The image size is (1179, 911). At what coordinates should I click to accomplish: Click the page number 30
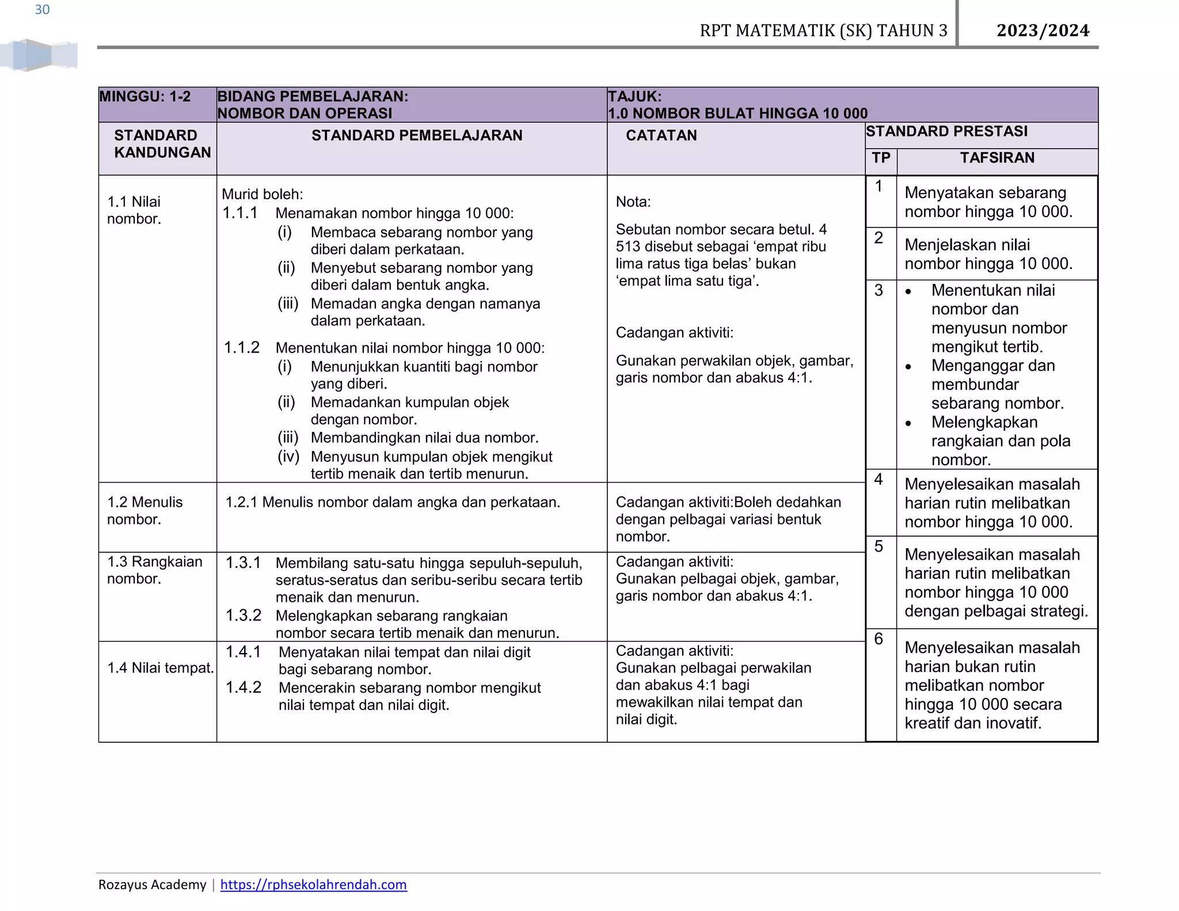coord(42,10)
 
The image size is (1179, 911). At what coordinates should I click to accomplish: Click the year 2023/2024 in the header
coord(1043,31)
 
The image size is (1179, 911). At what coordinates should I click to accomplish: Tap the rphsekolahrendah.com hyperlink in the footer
coord(313,885)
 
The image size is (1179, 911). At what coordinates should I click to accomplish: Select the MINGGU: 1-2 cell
coord(145,97)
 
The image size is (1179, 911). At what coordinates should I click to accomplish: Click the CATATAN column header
coord(661,135)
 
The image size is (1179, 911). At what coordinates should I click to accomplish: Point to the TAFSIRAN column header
coord(997,158)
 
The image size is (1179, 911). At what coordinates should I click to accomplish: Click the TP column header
coord(880,158)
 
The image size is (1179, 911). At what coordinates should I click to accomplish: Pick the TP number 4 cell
coord(878,479)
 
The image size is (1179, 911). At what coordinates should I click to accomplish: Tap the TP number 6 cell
coord(878,639)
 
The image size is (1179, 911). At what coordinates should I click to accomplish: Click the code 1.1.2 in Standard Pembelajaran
coord(241,347)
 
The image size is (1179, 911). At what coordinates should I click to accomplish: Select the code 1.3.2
coord(243,616)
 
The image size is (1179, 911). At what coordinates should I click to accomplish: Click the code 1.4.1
coord(243,652)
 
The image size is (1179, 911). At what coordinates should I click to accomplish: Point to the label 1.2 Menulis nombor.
coord(144,510)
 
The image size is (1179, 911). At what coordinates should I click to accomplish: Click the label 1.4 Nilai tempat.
coord(160,668)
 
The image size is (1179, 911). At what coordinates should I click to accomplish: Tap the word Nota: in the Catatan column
coord(633,202)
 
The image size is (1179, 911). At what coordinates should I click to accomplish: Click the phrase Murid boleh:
coord(262,194)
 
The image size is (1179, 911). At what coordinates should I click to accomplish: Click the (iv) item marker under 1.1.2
coord(288,457)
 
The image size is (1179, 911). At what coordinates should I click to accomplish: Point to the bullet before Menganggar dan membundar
coord(908,367)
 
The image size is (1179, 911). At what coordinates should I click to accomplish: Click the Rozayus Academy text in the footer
coord(152,885)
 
